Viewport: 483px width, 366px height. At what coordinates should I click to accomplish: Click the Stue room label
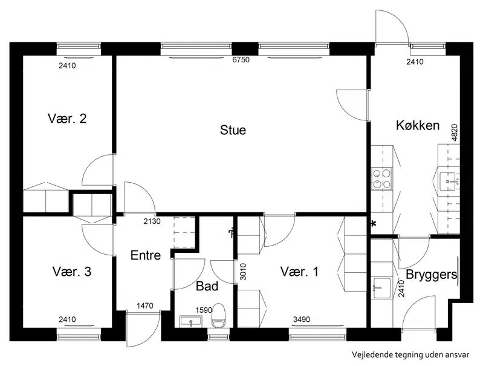pyautogui.click(x=233, y=130)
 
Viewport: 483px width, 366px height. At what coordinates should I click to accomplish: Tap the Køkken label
pyautogui.click(x=418, y=125)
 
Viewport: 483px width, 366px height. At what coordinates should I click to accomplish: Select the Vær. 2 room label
pyautogui.click(x=67, y=119)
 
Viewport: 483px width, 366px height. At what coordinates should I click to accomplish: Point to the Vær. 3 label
pyautogui.click(x=72, y=272)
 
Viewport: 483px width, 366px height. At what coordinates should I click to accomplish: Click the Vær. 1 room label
pyautogui.click(x=299, y=272)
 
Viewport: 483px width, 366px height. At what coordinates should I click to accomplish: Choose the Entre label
pyautogui.click(x=146, y=255)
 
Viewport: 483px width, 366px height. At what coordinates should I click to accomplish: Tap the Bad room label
pyautogui.click(x=207, y=286)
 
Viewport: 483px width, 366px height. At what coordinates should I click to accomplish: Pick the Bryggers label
pyautogui.click(x=431, y=275)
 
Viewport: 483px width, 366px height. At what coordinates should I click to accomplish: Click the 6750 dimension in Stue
pyautogui.click(x=241, y=59)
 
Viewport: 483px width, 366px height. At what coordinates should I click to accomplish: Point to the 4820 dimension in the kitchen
pyautogui.click(x=455, y=132)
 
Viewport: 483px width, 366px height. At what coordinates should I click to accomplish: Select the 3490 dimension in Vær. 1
pyautogui.click(x=302, y=319)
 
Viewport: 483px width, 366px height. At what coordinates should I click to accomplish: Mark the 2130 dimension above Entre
pyautogui.click(x=152, y=221)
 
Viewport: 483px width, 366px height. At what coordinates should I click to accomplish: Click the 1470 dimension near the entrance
pyautogui.click(x=144, y=306)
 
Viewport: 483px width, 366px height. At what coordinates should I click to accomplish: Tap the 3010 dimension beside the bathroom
pyautogui.click(x=243, y=272)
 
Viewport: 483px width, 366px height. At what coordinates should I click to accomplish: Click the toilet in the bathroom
pyautogui.click(x=218, y=315)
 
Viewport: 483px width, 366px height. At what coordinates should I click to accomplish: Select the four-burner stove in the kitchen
pyautogui.click(x=381, y=179)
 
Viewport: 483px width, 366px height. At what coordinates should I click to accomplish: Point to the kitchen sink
pyautogui.click(x=447, y=181)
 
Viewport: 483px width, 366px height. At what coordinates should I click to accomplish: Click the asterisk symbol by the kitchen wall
pyautogui.click(x=374, y=224)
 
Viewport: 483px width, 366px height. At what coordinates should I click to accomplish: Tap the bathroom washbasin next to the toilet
pyautogui.click(x=190, y=322)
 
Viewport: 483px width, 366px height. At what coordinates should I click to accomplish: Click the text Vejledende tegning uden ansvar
pyautogui.click(x=410, y=355)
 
